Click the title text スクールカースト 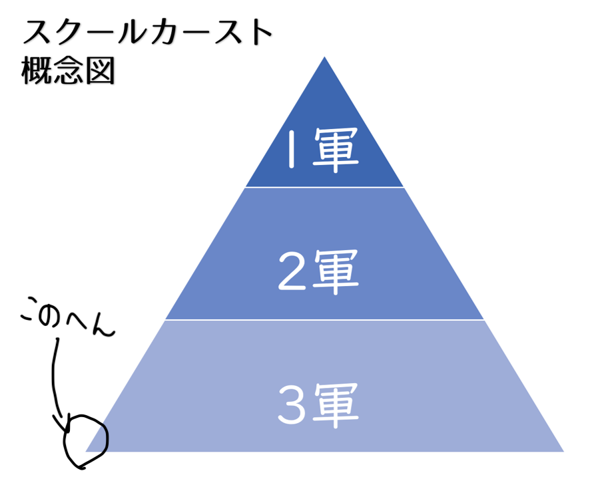pos(148,32)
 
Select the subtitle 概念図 pos(68,71)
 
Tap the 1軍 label pos(322,150)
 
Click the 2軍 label pos(318,271)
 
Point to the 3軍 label pos(318,405)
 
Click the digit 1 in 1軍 pos(291,149)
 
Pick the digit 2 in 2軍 pos(292,271)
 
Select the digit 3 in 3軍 pos(292,405)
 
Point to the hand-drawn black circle pos(86,442)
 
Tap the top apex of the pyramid pos(324,57)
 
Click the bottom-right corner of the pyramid pos(563,451)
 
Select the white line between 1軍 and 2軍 pos(325,188)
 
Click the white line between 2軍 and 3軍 pos(325,320)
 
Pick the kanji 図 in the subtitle pos(100,71)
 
